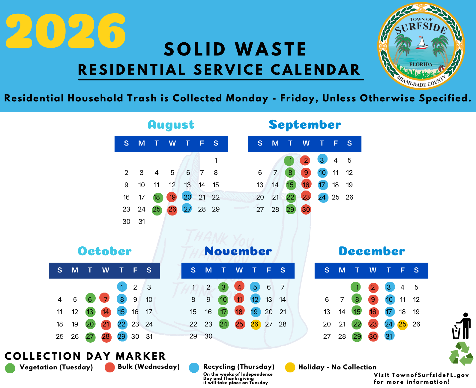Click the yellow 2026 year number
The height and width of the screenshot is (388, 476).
coord(66,31)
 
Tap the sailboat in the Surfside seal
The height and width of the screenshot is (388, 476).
coord(422,43)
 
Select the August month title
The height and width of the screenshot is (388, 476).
coord(171,125)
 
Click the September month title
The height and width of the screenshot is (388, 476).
coord(305,125)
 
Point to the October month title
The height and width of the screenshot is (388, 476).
coord(104,251)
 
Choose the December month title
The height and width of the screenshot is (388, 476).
coord(372,251)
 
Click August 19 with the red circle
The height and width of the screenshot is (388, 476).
coord(172,197)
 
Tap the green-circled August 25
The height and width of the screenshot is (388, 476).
coord(157,210)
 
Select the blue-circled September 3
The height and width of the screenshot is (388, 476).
coord(322,159)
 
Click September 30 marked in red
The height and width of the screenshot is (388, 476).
coord(306,209)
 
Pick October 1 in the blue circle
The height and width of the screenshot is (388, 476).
coord(122,287)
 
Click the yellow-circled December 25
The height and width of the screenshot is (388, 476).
coord(403,324)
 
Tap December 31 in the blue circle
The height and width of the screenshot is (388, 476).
coord(389,336)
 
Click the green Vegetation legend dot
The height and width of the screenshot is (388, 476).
coord(10,368)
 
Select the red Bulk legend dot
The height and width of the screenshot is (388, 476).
coord(109,367)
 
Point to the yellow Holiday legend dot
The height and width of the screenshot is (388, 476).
coord(290,367)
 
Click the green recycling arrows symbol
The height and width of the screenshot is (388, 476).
coord(461,353)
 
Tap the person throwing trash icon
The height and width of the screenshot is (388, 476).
coord(462,326)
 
